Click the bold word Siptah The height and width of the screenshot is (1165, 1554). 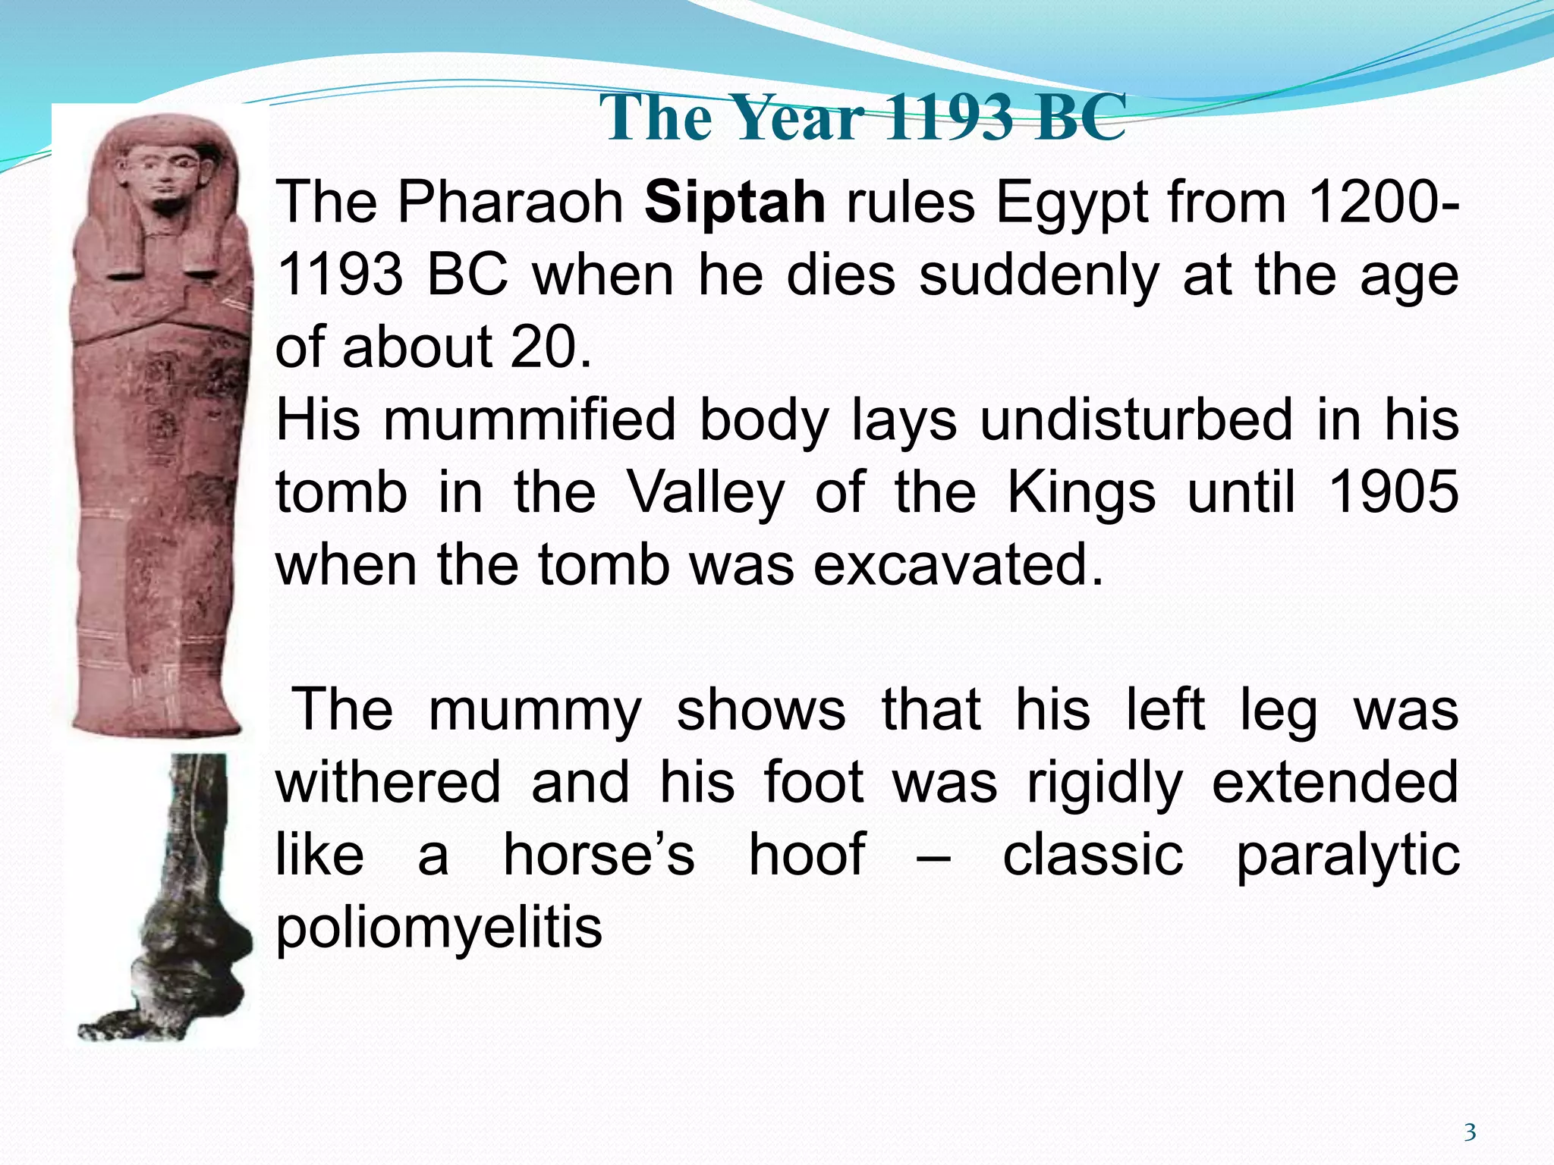(x=735, y=203)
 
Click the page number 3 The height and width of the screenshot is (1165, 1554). (x=1470, y=1132)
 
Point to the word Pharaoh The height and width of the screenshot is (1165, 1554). (x=510, y=203)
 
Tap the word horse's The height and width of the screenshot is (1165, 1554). (x=599, y=855)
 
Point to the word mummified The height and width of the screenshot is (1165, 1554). (x=529, y=419)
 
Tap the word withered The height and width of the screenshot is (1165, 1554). (x=388, y=782)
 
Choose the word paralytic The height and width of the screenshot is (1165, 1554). (x=1348, y=856)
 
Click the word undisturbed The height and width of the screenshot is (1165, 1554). (x=1135, y=419)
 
